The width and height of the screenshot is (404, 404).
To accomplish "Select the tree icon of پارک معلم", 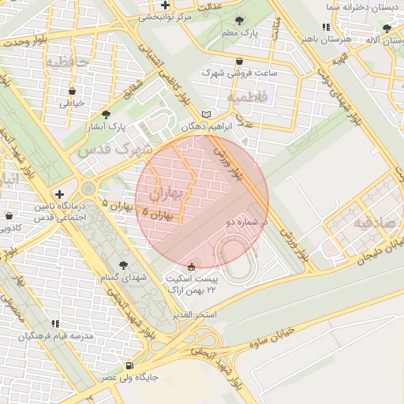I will (240, 20).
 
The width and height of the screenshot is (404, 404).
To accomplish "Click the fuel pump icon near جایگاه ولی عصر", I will (129, 365).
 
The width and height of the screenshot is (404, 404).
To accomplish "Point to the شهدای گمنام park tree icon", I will (122, 265).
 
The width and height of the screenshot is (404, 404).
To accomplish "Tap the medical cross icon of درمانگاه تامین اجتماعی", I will (60, 194).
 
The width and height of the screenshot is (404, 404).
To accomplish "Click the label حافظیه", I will (66, 61).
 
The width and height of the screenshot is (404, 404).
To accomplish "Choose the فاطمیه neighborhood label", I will (248, 96).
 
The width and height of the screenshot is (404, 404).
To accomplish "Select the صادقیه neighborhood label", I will (373, 223).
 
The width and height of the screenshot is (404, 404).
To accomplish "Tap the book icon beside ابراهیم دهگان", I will (207, 114).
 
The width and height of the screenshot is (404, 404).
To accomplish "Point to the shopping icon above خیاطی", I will (72, 90).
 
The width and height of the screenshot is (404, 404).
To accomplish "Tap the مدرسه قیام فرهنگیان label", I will (55, 336).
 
